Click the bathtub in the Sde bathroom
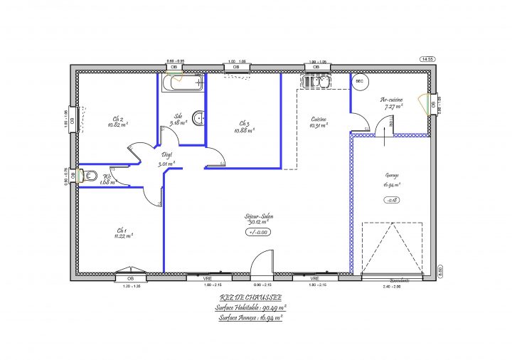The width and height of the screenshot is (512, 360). point(182,83)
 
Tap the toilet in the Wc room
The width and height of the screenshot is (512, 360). point(90,176)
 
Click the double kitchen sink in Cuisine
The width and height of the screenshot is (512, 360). point(315,83)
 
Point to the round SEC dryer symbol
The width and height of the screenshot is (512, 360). point(360,83)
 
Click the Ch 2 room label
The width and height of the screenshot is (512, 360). point(118,119)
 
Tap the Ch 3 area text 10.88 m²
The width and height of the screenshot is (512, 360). point(245,130)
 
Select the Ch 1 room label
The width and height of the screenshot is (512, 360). point(121,231)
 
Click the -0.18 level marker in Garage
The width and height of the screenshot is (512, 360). point(391,201)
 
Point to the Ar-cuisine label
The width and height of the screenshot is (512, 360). point(392,100)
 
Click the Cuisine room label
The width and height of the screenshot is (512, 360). point(318,119)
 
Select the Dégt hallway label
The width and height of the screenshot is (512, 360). point(167,154)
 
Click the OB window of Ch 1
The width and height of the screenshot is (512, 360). point(130,277)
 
